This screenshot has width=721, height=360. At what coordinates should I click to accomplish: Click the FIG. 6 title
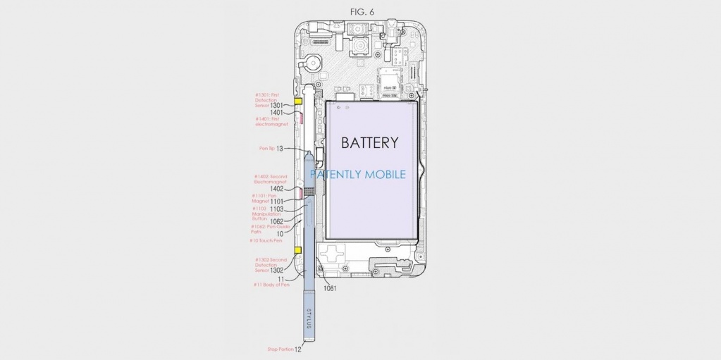[x=360, y=11]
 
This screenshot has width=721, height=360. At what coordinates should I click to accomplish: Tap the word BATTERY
[x=369, y=143]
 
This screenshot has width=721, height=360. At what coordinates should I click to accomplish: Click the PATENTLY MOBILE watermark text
[x=358, y=174]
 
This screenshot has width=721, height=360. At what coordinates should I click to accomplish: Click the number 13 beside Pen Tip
[x=279, y=149]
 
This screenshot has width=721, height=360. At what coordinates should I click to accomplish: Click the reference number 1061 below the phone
[x=330, y=287]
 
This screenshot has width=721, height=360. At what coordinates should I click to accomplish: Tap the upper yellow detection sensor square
[x=297, y=101]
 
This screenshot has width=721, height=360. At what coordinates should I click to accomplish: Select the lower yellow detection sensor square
[x=297, y=251]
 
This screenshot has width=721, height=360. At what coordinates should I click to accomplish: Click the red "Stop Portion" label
[x=279, y=349]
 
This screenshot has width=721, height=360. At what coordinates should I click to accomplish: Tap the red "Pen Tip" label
[x=266, y=149]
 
